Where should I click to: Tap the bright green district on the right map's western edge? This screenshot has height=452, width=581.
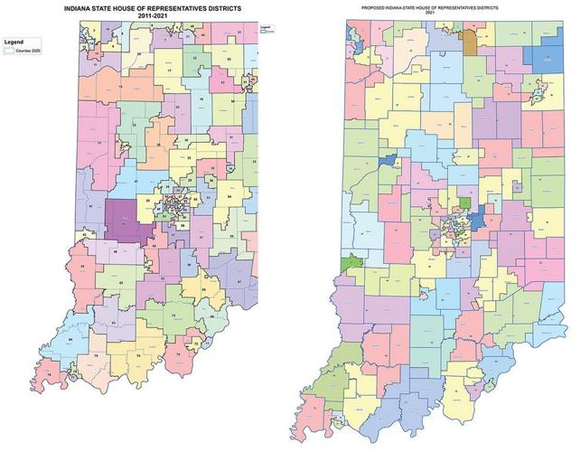(348, 263)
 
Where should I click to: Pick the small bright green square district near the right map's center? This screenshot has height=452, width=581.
(464, 203)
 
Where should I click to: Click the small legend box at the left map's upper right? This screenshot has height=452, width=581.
(267, 30)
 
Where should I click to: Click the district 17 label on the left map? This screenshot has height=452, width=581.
(168, 70)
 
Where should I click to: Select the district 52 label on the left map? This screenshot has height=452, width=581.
(229, 58)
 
